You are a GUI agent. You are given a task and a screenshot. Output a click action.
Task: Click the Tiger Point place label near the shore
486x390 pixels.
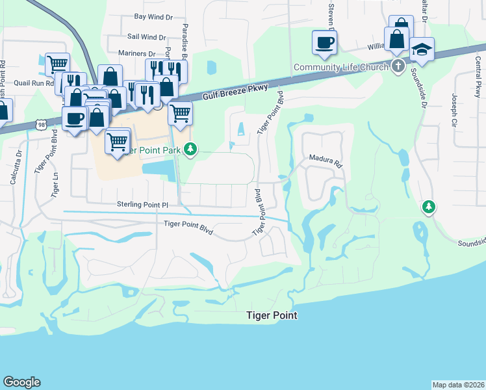pos(272,315)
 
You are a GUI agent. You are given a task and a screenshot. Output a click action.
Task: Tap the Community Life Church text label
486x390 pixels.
pos(340,67)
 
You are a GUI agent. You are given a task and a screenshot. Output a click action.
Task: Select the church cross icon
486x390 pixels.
pos(398,66)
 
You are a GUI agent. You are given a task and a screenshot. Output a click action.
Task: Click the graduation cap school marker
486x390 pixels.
pos(422,50)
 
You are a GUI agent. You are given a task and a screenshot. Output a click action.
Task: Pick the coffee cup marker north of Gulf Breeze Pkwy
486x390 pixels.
pos(324,44)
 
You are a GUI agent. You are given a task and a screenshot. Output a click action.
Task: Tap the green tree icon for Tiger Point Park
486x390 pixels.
pos(190,150)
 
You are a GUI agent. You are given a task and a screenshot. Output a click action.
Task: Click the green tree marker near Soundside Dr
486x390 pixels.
pos(428,207)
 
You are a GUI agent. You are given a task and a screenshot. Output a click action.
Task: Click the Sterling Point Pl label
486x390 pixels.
pos(142,205)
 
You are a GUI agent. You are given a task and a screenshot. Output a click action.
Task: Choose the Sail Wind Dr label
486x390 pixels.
pos(147,38)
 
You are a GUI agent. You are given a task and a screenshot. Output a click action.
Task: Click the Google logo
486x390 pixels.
pos(21,382)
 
